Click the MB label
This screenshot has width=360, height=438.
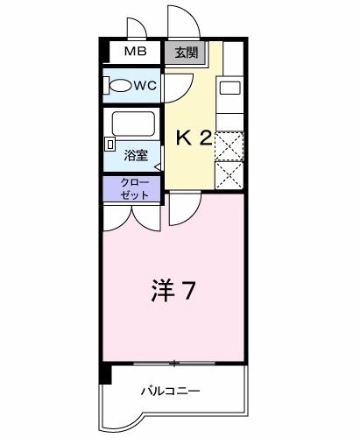click(x=135, y=52)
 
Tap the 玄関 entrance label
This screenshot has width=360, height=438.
click(x=186, y=53)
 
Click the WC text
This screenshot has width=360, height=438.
click(x=145, y=86)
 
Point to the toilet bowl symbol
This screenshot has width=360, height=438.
click(x=117, y=86)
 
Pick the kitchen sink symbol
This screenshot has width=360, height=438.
click(x=229, y=87)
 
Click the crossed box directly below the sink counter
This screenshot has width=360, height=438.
click(x=229, y=145)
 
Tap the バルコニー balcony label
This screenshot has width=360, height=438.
click(x=172, y=391)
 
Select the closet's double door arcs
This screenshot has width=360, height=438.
click(x=132, y=217)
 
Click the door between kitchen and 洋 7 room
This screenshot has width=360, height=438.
click(x=184, y=207)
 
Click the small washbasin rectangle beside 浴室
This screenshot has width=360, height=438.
click(x=110, y=143)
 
